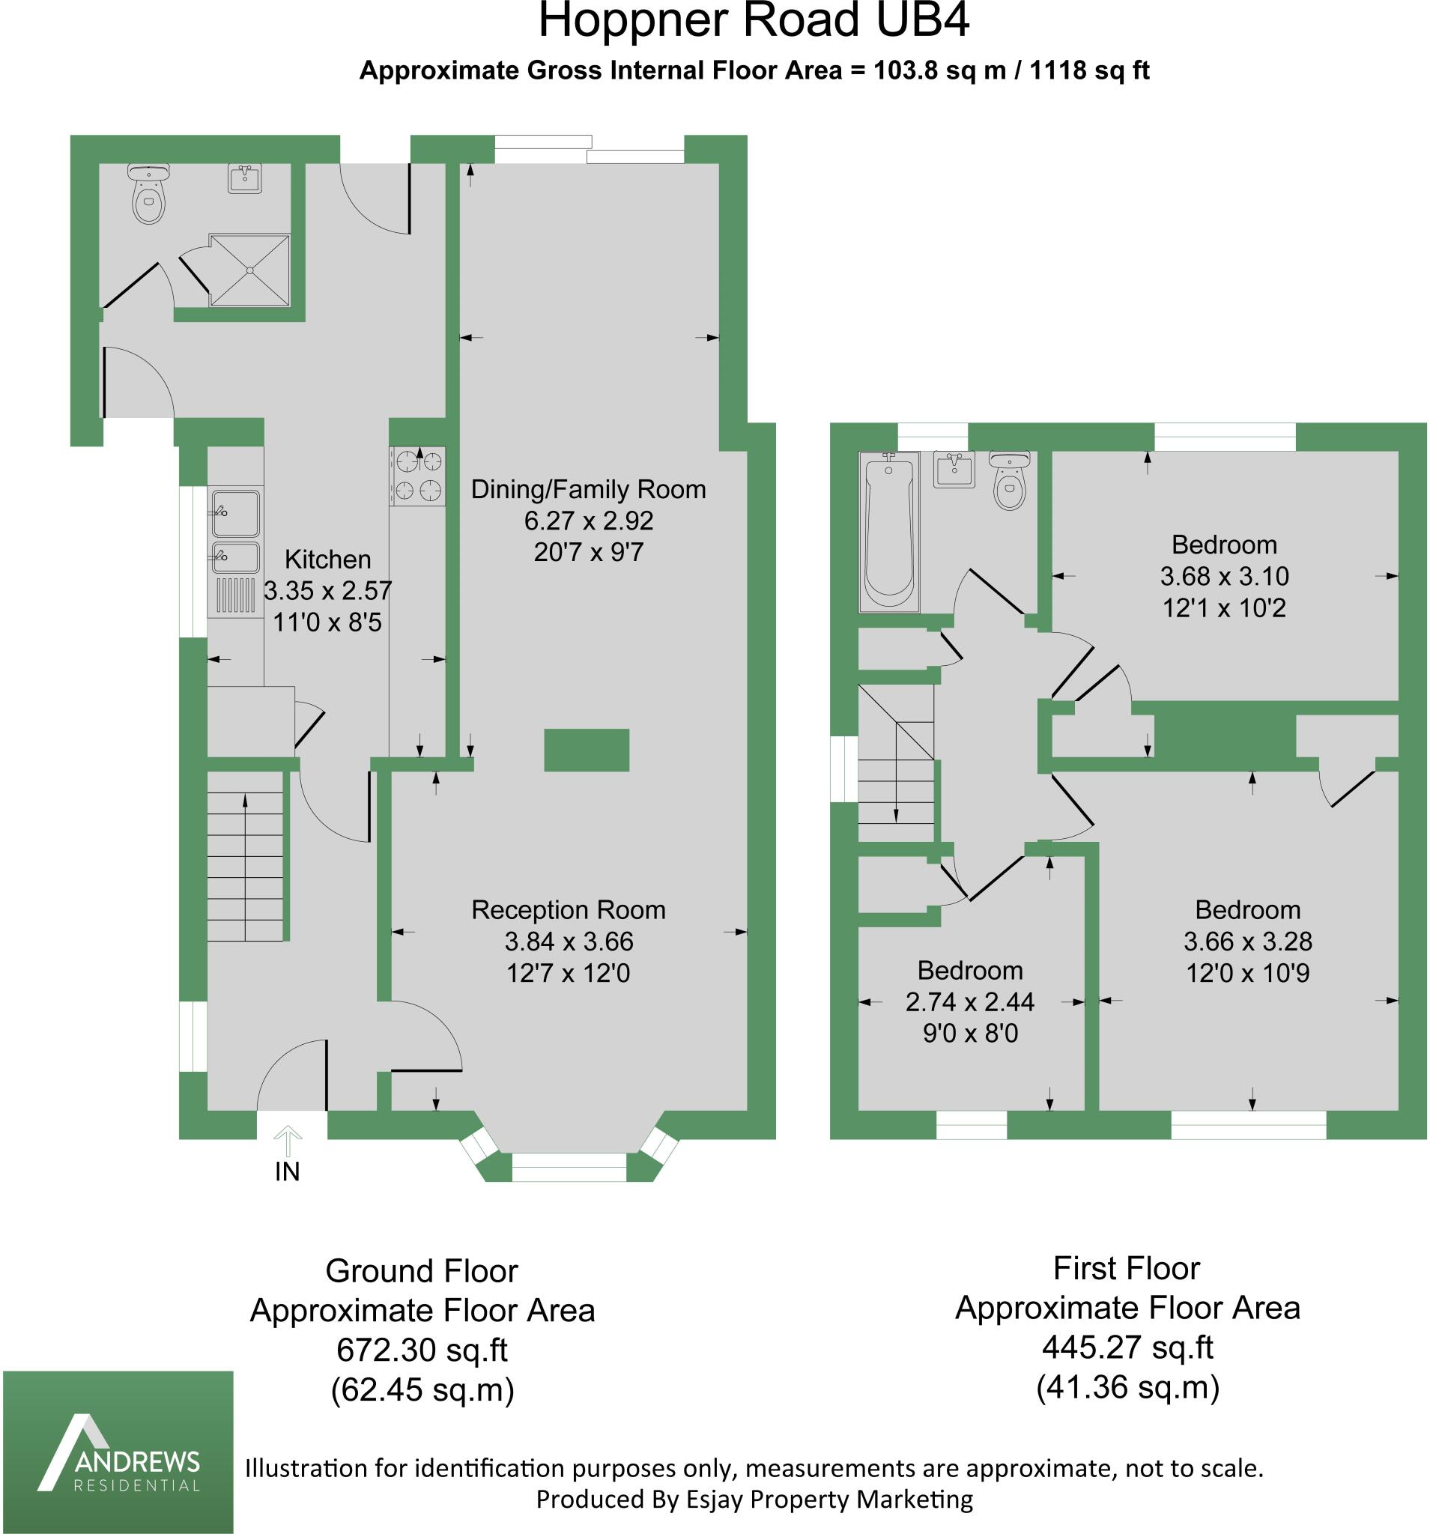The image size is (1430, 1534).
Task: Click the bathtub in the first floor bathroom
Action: pyautogui.click(x=889, y=533)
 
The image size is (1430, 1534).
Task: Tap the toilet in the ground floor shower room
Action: pyautogui.click(x=149, y=197)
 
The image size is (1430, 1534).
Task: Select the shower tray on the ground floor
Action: pyautogui.click(x=250, y=270)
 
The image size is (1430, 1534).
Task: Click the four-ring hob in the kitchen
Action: pyautogui.click(x=417, y=476)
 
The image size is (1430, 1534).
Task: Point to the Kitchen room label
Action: pyautogui.click(x=327, y=559)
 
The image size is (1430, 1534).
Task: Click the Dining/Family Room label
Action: pyautogui.click(x=588, y=489)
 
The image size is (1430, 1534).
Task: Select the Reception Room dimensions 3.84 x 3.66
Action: pyautogui.click(x=569, y=942)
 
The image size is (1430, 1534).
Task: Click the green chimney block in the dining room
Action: pyautogui.click(x=587, y=750)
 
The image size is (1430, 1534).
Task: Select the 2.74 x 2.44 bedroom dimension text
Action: pyautogui.click(x=970, y=1001)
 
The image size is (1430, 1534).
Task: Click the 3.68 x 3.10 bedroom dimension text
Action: pyautogui.click(x=1224, y=577)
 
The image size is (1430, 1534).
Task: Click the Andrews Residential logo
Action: pyautogui.click(x=118, y=1451)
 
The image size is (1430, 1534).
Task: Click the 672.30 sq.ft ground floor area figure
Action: pyautogui.click(x=422, y=1350)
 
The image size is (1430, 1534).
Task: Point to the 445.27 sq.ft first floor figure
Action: pyautogui.click(x=1127, y=1347)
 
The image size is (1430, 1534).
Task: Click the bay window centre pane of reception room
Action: pyautogui.click(x=569, y=1174)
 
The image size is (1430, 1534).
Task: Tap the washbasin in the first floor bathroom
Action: pyautogui.click(x=954, y=469)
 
